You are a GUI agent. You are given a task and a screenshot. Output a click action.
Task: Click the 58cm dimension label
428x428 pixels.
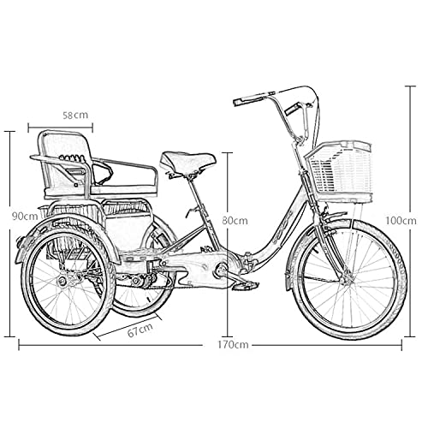click(x=75, y=115)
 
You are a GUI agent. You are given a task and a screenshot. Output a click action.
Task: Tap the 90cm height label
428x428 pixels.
click(x=25, y=217)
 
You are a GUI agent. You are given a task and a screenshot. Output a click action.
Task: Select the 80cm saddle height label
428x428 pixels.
click(x=235, y=220)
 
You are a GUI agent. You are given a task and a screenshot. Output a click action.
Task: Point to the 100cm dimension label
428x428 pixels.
click(x=401, y=220)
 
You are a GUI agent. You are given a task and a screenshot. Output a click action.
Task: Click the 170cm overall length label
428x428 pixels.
click(x=233, y=345)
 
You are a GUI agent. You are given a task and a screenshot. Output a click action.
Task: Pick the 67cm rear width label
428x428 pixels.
click(x=140, y=330)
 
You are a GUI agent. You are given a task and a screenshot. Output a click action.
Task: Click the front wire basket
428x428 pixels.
click(x=339, y=170)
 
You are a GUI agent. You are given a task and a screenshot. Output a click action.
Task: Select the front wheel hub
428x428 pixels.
click(x=347, y=280)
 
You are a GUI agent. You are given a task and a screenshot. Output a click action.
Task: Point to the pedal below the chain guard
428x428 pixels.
click(x=245, y=285)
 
